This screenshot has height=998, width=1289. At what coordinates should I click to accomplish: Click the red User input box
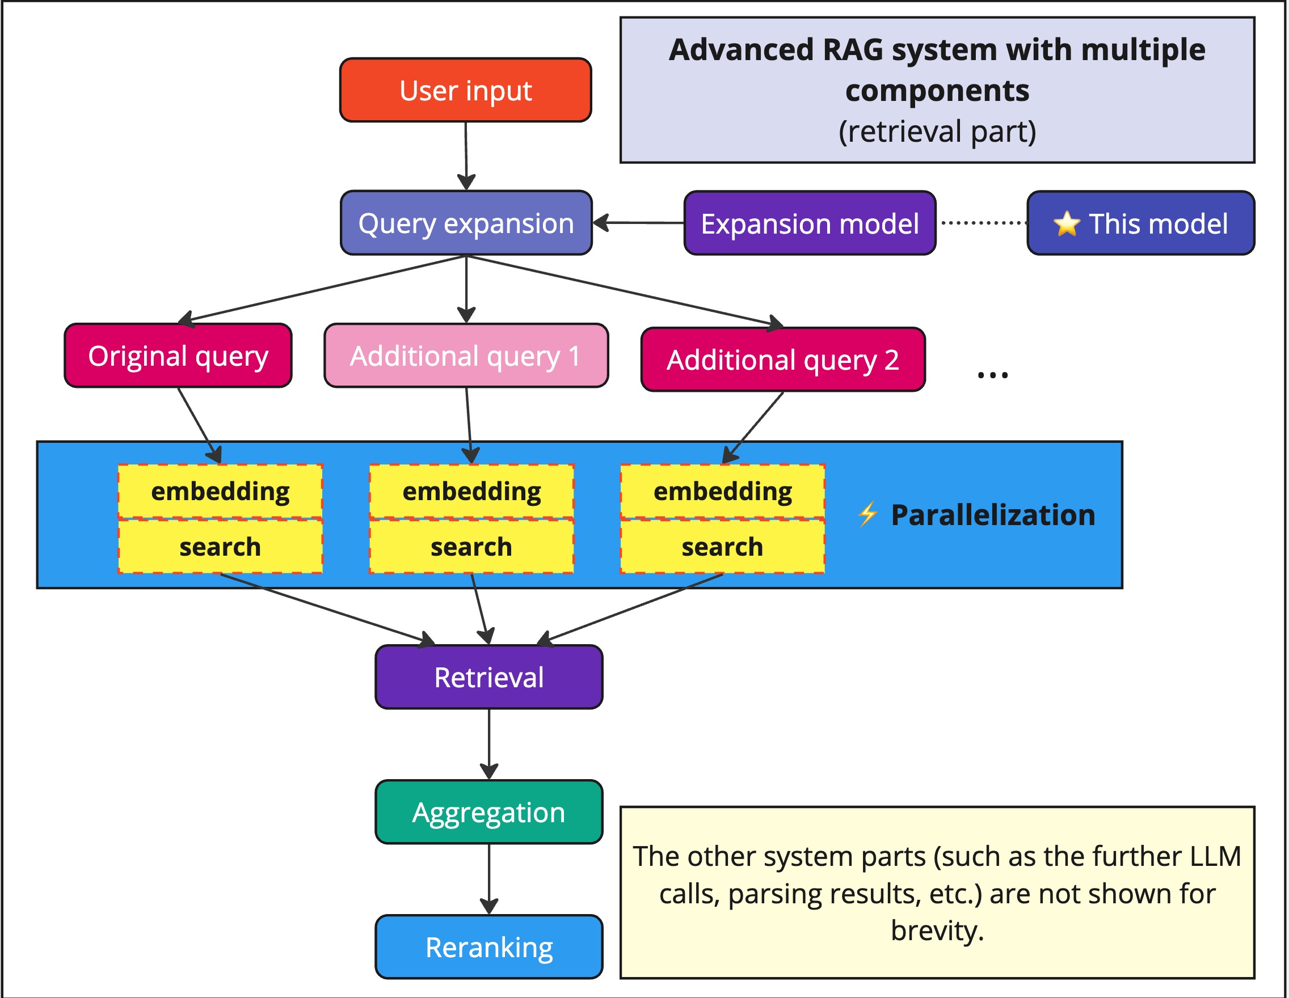coord(465,90)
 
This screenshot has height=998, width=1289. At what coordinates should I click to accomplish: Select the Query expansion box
coord(466,223)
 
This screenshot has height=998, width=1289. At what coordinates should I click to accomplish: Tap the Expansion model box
coord(809,223)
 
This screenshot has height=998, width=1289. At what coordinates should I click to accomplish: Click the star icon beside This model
coord(1066,224)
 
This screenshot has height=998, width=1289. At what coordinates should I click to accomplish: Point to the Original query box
coord(178,356)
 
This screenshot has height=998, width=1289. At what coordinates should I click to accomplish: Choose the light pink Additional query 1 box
coord(466,356)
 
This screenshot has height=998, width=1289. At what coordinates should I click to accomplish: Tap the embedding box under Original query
coord(220,491)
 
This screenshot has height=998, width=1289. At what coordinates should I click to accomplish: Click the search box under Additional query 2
coord(722,547)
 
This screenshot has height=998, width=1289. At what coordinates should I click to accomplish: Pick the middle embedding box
coord(471,491)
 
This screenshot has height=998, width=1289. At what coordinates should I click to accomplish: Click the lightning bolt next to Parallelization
coord(867,514)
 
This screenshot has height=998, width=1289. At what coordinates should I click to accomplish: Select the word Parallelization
coord(993,515)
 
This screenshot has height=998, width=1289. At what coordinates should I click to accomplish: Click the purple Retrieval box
coord(488,677)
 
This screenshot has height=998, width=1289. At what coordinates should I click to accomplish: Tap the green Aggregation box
coord(488,812)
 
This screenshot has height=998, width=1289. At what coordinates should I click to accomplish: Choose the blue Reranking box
coord(488,948)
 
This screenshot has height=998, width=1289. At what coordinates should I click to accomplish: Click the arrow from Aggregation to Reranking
coord(488,879)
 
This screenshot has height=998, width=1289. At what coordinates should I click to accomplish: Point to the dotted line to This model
coord(982,223)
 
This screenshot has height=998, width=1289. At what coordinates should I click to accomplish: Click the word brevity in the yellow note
coord(937,931)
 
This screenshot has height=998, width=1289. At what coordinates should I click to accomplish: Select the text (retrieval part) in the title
coord(937,131)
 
